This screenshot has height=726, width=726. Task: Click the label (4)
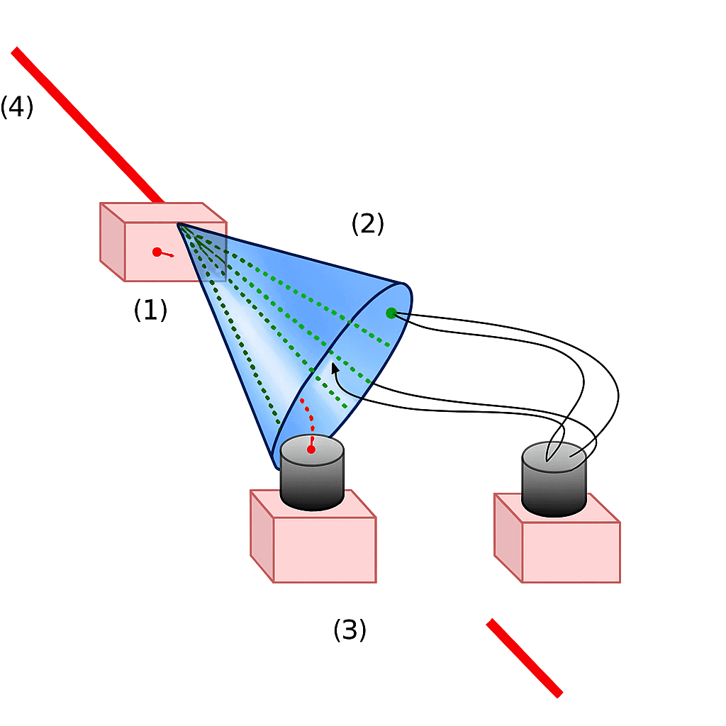tap(16, 107)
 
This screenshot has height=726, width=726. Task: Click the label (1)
tap(150, 310)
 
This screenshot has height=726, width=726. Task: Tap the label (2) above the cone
tap(367, 224)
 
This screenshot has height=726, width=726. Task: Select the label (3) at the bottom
tap(350, 630)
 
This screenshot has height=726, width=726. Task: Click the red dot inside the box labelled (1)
tap(157, 252)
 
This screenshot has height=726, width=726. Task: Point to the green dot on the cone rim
tap(391, 313)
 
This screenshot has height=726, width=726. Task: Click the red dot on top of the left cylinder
tap(311, 449)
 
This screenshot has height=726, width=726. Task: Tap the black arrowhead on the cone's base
tap(334, 367)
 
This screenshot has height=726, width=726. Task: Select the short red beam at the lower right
tap(524, 658)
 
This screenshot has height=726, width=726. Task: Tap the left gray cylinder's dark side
tap(312, 486)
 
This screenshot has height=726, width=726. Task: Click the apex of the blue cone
tap(179, 224)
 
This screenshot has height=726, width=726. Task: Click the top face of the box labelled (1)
tap(163, 212)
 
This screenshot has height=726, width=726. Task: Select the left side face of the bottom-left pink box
tap(262, 535)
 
